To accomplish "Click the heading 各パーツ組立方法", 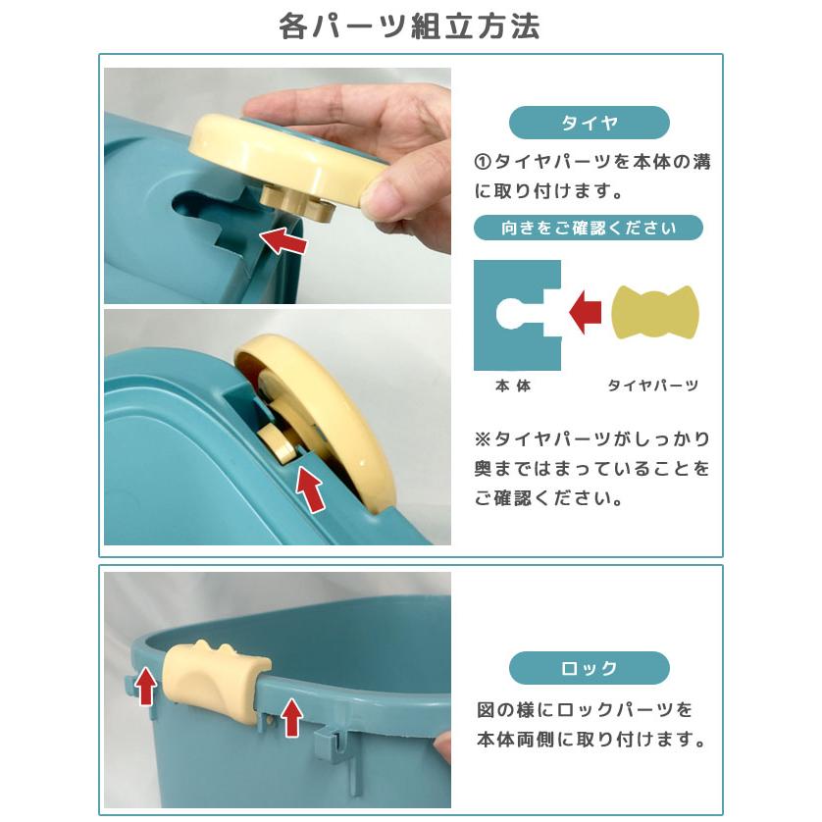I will (410, 26).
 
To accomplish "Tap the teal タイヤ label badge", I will (589, 123).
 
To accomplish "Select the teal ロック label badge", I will (589, 668).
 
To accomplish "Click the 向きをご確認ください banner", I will (589, 229).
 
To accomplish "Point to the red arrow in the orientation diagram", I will (586, 313).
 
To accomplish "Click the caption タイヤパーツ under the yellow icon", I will (653, 386).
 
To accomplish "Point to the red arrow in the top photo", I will (282, 238).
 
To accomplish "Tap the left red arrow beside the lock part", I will (145, 685).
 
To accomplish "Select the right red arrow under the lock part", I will (290, 717).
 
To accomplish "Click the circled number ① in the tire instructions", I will (482, 162).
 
